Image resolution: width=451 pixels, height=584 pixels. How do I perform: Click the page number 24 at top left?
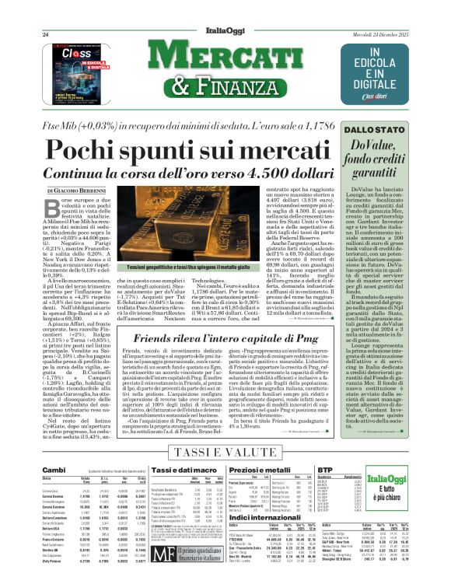(45, 35)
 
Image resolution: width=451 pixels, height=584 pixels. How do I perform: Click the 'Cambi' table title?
(54, 470)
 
